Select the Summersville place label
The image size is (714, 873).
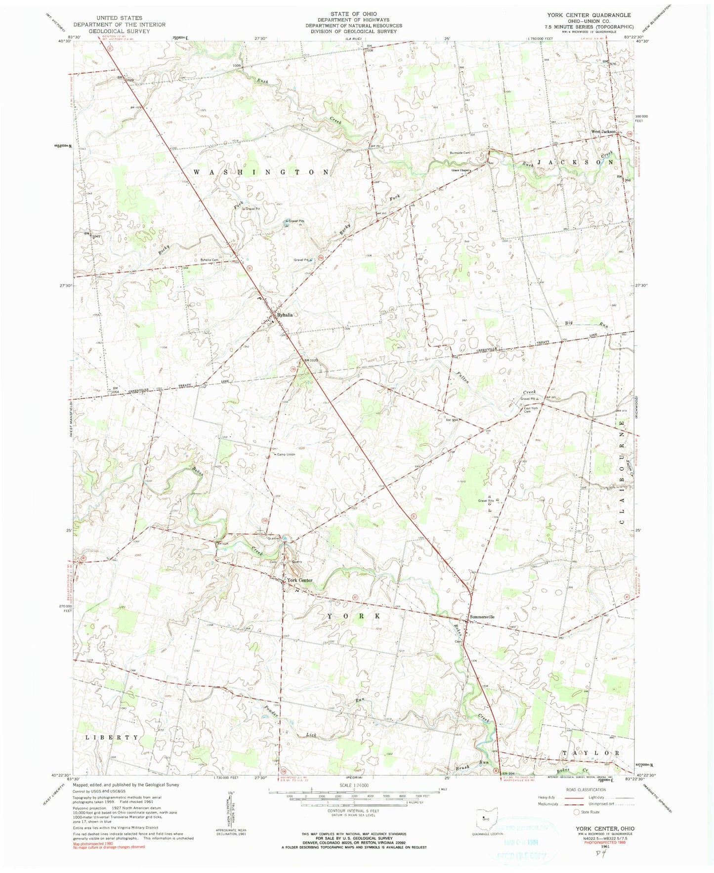[482, 617]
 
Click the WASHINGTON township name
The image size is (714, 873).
[261, 172]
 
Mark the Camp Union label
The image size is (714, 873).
[286, 455]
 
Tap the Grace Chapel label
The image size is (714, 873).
[460, 170]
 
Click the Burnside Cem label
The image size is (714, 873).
[460, 153]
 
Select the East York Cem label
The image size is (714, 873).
[531, 410]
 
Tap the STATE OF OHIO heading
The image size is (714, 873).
[353, 14]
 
